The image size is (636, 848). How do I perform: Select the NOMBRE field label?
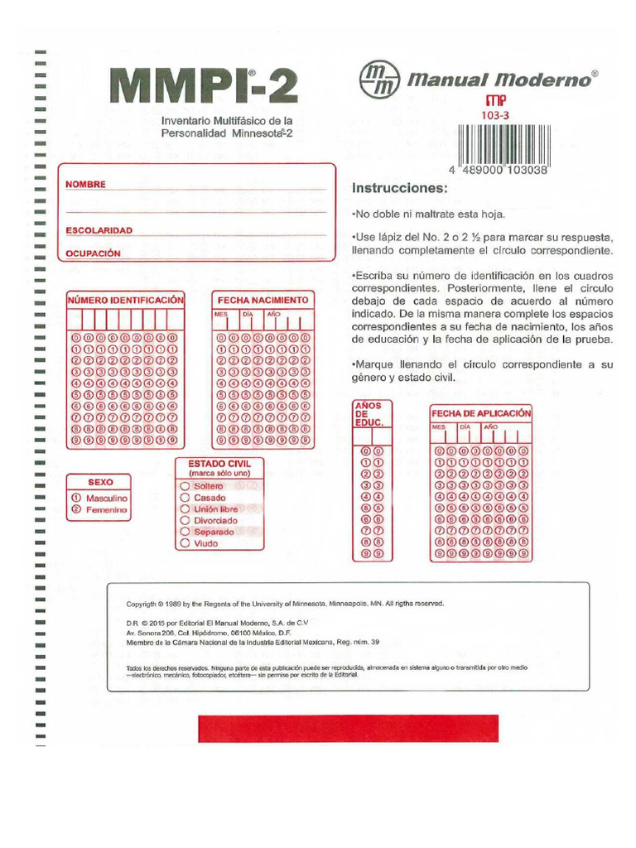tap(86, 184)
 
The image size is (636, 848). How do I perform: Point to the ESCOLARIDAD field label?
tap(99, 229)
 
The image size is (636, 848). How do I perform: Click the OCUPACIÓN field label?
tap(94, 253)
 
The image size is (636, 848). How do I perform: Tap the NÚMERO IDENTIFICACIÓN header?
tap(126, 300)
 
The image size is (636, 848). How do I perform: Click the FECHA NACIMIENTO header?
tap(263, 300)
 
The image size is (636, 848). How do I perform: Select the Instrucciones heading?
tap(399, 188)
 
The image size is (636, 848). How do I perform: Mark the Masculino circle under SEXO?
tap(76, 499)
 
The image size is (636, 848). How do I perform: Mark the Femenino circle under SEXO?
tap(76, 511)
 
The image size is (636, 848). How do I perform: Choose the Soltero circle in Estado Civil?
tap(185, 486)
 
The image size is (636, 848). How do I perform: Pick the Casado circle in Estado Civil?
tap(185, 498)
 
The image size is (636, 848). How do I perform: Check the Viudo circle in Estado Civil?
tap(185, 544)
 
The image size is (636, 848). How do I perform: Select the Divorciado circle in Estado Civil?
tap(185, 521)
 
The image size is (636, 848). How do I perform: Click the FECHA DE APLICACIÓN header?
tap(480, 413)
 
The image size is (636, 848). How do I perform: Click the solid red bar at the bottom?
tap(348, 728)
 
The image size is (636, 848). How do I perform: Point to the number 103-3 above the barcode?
tap(494, 116)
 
